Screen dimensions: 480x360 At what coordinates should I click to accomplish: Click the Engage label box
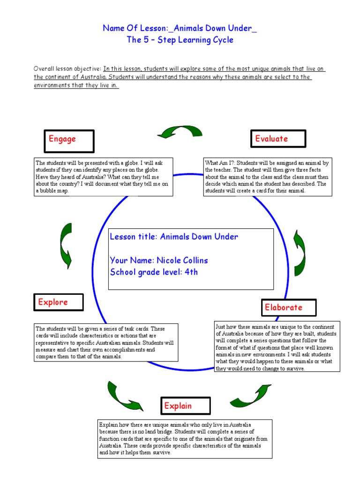[69, 141]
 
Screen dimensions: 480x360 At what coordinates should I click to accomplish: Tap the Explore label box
[59, 302]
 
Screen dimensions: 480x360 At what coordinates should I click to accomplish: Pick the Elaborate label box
[284, 307]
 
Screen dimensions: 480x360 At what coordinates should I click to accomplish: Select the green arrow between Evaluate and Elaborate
[299, 247]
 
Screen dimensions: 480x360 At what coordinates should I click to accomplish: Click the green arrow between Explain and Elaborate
[249, 395]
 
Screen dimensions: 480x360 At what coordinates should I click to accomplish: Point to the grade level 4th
[191, 272]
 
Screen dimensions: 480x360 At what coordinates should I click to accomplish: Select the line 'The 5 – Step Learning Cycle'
[180, 40]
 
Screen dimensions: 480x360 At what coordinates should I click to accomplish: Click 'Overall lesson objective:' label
[67, 69]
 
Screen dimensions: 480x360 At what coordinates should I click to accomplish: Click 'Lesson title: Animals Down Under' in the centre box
[174, 237]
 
